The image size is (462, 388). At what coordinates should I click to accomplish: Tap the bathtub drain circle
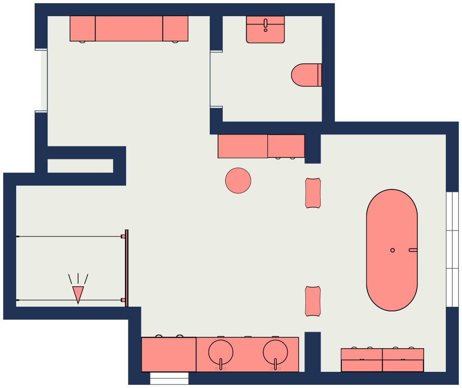click(x=393, y=250)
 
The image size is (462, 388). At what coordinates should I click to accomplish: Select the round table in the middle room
click(x=238, y=180)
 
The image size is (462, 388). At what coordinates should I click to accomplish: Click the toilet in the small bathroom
click(x=306, y=75)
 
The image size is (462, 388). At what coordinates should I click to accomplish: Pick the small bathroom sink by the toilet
click(x=265, y=29)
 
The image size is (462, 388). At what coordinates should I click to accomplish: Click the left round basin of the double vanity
click(x=221, y=352)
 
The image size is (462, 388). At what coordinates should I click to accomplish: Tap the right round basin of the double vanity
click(x=275, y=352)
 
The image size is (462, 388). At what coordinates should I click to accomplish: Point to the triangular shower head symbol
click(x=78, y=294)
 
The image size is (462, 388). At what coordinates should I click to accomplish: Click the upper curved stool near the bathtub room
click(x=313, y=193)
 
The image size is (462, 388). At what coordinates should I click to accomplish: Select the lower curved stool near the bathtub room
click(x=313, y=301)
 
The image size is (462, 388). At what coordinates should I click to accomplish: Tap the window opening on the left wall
click(x=42, y=80)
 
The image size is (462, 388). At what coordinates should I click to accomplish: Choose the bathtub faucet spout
click(x=413, y=250)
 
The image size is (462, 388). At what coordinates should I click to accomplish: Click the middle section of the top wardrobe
click(x=129, y=29)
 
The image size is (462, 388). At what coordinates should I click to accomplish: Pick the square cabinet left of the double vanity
click(x=169, y=354)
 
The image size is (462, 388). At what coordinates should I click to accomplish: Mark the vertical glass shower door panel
click(x=127, y=268)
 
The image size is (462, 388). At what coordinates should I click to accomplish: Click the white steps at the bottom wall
click(x=169, y=378)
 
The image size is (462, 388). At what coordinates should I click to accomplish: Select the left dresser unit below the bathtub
click(x=362, y=360)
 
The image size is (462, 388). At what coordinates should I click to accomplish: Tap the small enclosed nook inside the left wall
click(x=80, y=166)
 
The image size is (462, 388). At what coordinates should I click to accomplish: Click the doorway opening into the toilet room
click(x=216, y=79)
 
